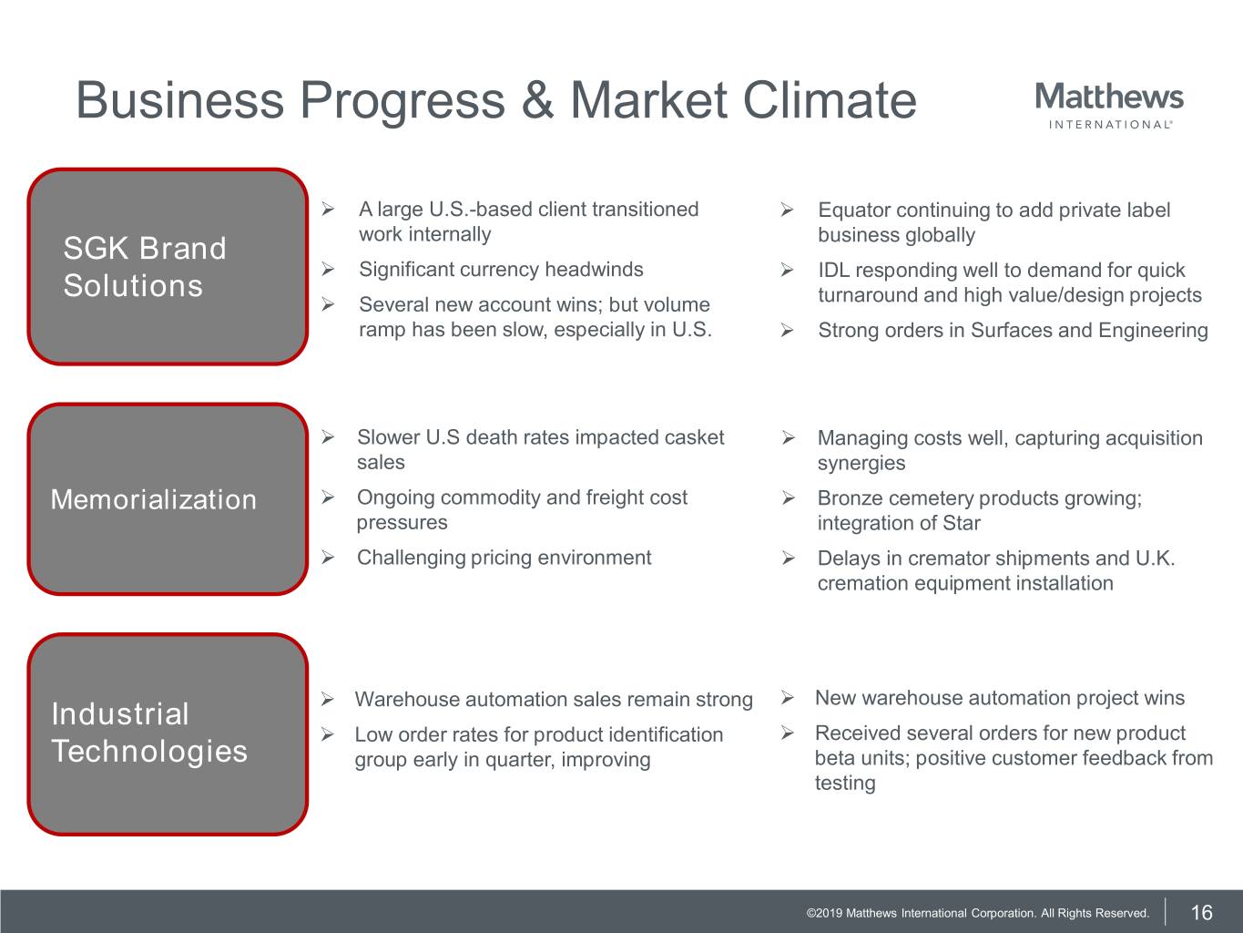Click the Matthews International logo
click(1109, 106)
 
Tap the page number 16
click(1201, 913)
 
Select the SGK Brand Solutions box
click(168, 266)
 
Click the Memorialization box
click(168, 499)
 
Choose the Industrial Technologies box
click(168, 733)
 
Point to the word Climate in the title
click(829, 99)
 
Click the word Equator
click(854, 210)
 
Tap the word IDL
click(833, 271)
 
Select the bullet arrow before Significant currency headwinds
click(328, 269)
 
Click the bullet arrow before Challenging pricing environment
click(328, 558)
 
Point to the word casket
click(694, 437)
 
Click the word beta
click(834, 758)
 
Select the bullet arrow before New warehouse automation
click(787, 697)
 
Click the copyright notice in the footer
click(977, 913)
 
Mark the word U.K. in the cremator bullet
click(1156, 558)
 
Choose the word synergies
click(861, 464)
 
